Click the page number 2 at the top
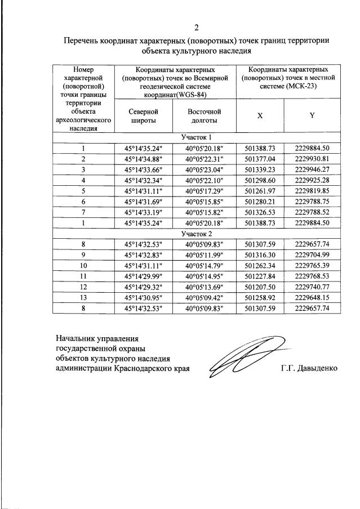[x=196, y=28]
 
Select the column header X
[x=260, y=115]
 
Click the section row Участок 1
[x=197, y=137]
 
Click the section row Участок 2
[x=197, y=233]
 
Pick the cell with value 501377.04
[x=260, y=159]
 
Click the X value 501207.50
[x=260, y=287]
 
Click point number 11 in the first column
[x=83, y=276]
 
